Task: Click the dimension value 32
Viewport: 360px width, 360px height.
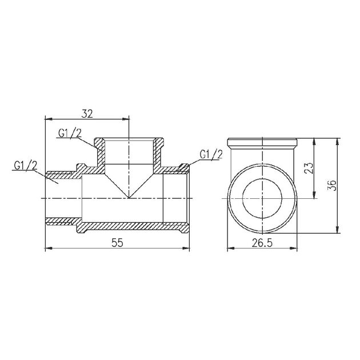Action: pyautogui.click(x=87, y=113)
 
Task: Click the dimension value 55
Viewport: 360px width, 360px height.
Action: pyautogui.click(x=117, y=242)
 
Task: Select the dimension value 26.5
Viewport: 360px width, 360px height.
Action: pyautogui.click(x=261, y=242)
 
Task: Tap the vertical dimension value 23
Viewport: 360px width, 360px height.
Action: pyautogui.click(x=309, y=168)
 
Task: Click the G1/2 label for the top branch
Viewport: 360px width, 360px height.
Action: pyautogui.click(x=69, y=134)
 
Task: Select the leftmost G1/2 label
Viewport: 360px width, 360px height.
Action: pyautogui.click(x=26, y=166)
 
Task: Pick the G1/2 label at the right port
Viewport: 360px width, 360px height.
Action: pyautogui.click(x=211, y=154)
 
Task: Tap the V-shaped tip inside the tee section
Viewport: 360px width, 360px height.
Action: pyautogui.click(x=130, y=196)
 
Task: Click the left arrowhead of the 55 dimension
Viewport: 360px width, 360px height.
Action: pyautogui.click(x=47, y=249)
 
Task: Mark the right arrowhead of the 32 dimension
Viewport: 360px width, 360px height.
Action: pyautogui.click(x=127, y=119)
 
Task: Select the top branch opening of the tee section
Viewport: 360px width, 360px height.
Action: pyautogui.click(x=130, y=150)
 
